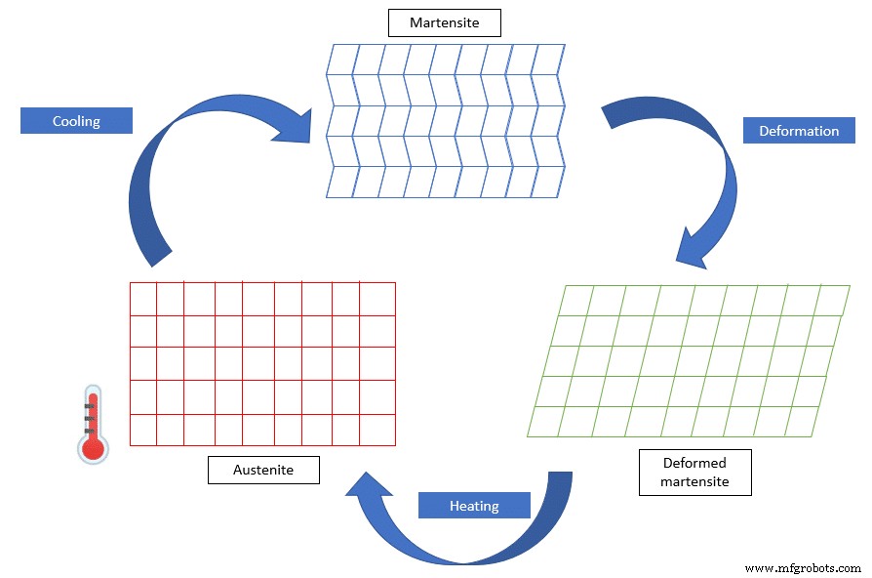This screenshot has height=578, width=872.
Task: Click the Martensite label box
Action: pyautogui.click(x=444, y=22)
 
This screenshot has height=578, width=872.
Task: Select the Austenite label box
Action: pyautogui.click(x=263, y=470)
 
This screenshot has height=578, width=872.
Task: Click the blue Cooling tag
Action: pyautogui.click(x=76, y=121)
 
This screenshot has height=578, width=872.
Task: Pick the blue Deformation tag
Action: pyautogui.click(x=798, y=131)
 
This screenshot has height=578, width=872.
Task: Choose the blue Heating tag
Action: pyautogui.click(x=474, y=506)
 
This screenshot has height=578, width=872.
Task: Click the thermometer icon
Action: pyautogui.click(x=93, y=423)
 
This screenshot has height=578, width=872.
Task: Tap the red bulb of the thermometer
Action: pyautogui.click(x=93, y=448)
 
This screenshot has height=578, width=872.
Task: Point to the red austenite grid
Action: pyautogui.click(x=262, y=363)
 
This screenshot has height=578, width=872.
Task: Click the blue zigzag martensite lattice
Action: pyautogui.click(x=444, y=120)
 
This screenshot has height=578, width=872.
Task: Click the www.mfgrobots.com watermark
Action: pyautogui.click(x=802, y=567)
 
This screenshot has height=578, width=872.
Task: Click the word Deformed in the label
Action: pyautogui.click(x=694, y=463)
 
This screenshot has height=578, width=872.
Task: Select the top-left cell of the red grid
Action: pyautogui.click(x=143, y=299)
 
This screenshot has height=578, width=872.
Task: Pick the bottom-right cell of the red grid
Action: pyautogui.click(x=377, y=430)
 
